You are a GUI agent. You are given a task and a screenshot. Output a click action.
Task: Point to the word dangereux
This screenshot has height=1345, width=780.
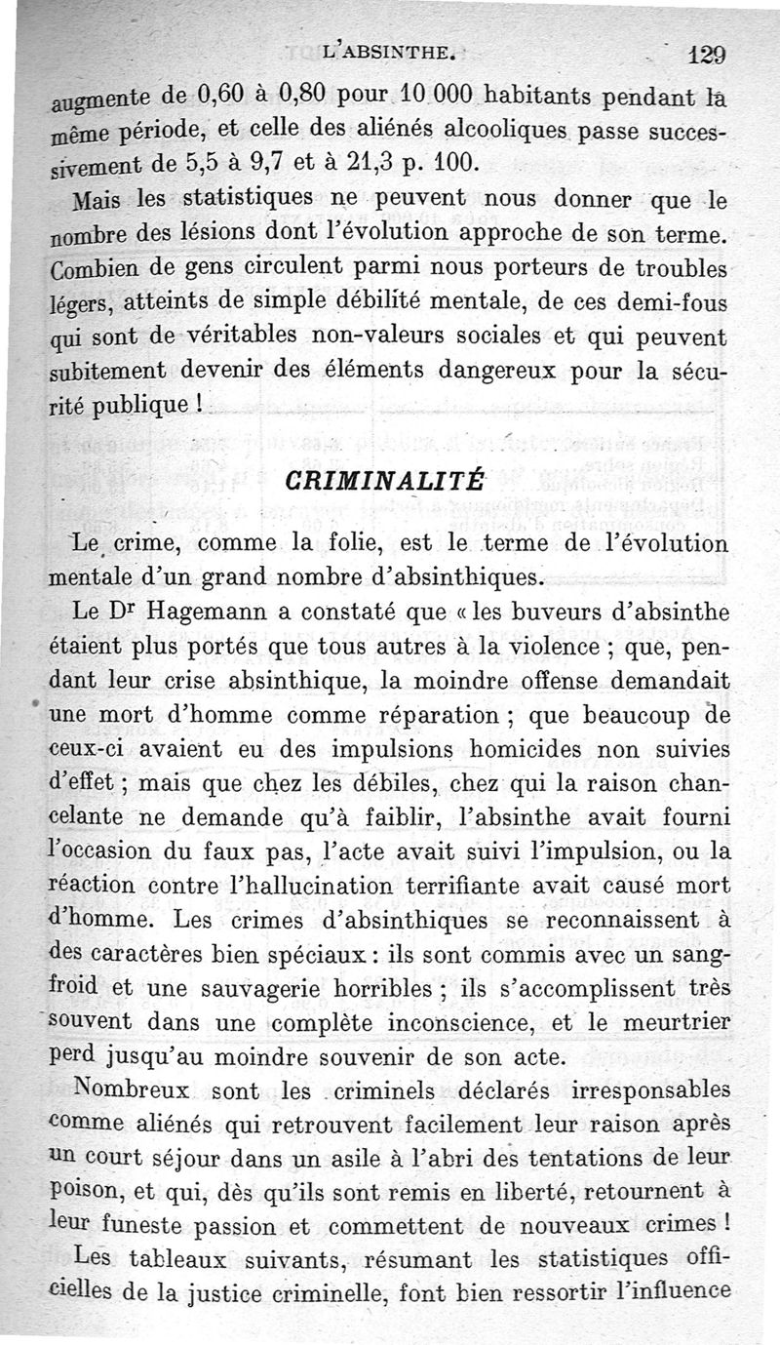click(513, 371)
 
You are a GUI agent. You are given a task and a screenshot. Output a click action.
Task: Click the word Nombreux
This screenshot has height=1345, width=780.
click(132, 1088)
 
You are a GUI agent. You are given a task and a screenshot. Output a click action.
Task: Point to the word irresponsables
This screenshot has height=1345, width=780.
click(648, 1088)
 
